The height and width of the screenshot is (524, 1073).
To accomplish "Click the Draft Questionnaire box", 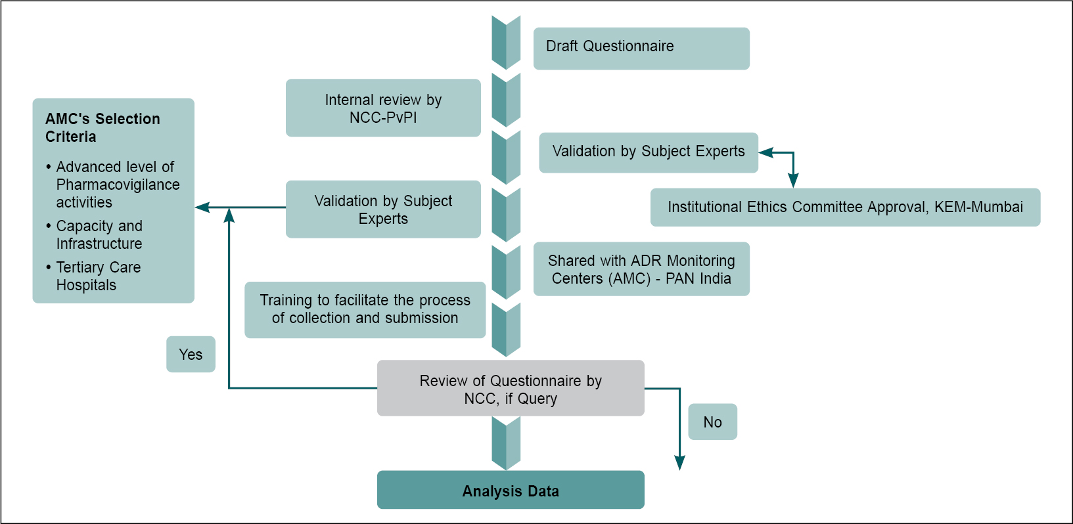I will (641, 48).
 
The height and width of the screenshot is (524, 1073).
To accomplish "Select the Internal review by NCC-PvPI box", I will (383, 108).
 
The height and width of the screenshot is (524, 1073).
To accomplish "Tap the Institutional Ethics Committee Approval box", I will (845, 207).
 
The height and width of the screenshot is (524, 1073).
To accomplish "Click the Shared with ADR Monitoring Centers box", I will (641, 269).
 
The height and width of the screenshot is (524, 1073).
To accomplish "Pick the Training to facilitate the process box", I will (365, 310).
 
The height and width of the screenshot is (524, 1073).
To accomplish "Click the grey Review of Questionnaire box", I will (511, 388).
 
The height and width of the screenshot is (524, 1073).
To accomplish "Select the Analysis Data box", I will (511, 490).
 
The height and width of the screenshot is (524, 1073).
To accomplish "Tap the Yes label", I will (191, 355).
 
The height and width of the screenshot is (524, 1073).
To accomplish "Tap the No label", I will (712, 422).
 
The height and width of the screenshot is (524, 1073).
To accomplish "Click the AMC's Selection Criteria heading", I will (103, 127).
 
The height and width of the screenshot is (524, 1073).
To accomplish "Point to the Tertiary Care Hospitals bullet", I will (98, 276).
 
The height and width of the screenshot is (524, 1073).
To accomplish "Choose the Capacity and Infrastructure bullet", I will (99, 235).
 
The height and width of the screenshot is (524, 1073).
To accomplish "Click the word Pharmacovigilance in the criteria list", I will (118, 185).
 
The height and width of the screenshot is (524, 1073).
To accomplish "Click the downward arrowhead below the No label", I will (680, 463).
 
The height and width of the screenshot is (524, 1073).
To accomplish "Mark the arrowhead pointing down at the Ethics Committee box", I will (793, 181).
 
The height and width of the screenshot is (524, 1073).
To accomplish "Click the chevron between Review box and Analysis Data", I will (506, 443).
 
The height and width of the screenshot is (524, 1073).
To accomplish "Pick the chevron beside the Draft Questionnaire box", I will (506, 43).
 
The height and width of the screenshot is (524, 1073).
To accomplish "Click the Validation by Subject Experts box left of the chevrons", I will (383, 209).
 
